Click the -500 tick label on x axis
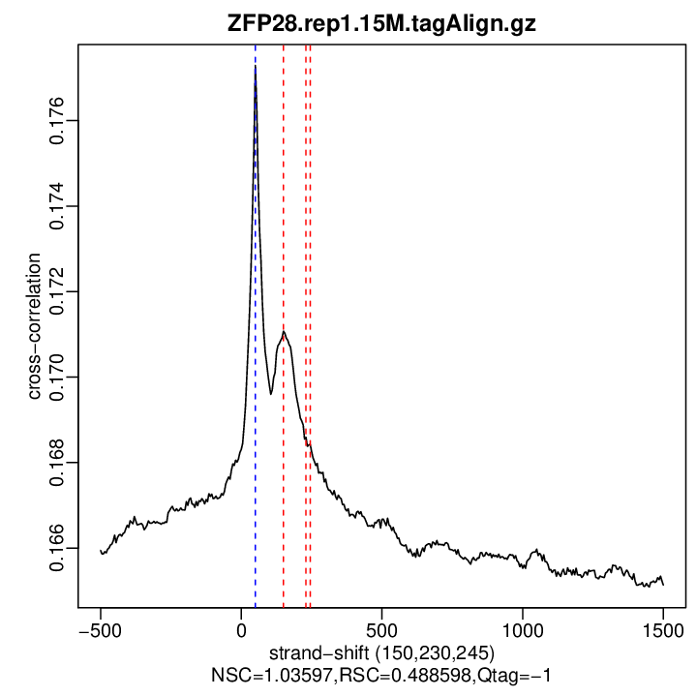(100, 627)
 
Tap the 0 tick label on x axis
(241, 627)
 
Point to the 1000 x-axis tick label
(523, 627)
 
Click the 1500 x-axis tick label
(663, 627)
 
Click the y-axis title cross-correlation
(34, 326)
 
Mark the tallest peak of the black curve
(256, 67)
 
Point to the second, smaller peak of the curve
(284, 332)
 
